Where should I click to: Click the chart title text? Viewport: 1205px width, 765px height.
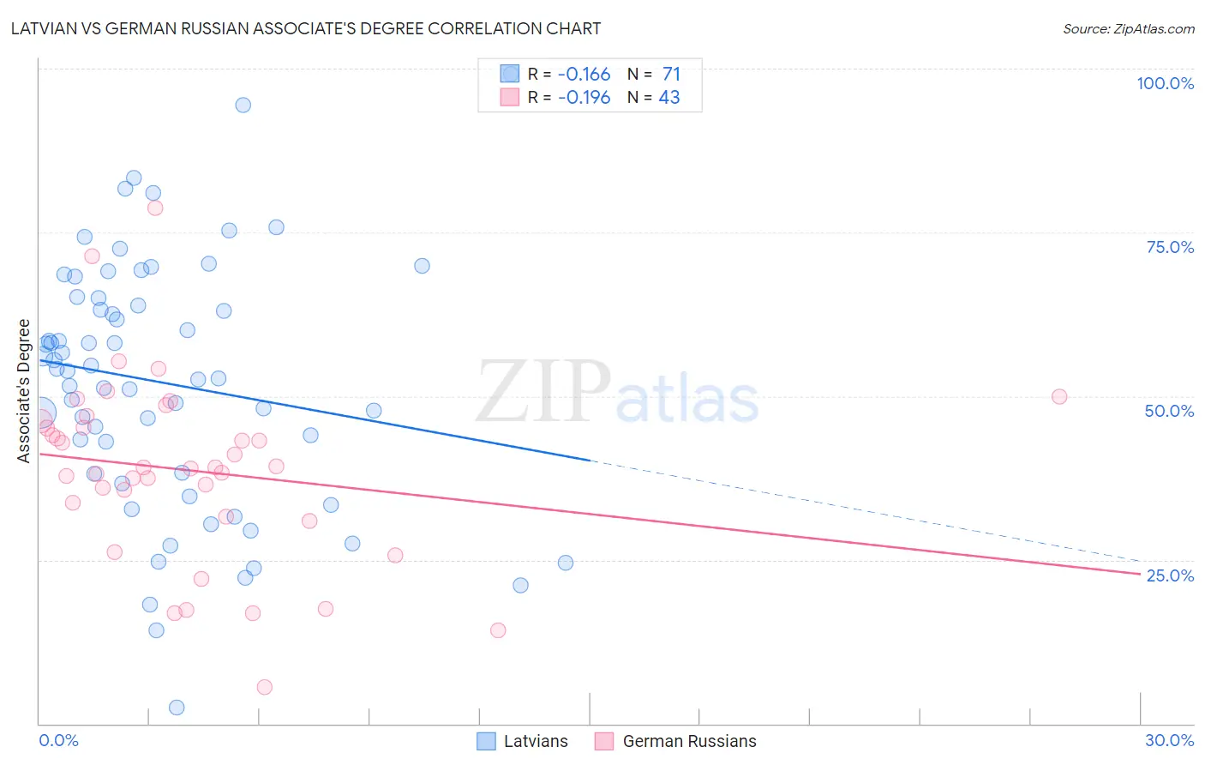coord(306,28)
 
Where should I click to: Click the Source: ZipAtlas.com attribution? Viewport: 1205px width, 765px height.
coord(1128,28)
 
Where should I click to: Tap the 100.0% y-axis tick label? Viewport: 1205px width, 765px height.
coord(1165,83)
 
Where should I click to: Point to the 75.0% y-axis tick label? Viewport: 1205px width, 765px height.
coord(1170,247)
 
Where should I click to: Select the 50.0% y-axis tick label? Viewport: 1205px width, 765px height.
coord(1169,411)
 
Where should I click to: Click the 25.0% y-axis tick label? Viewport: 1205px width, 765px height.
coord(1170,575)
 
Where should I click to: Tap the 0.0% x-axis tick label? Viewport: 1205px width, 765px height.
coord(58,740)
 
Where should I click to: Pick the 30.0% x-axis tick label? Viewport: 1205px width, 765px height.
coord(1169,740)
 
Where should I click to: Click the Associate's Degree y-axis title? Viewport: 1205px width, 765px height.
coord(24,391)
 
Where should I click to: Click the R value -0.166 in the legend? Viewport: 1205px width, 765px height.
coord(584,74)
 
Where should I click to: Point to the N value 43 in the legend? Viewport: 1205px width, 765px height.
coord(668,97)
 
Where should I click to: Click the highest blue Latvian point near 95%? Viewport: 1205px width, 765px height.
coord(243,105)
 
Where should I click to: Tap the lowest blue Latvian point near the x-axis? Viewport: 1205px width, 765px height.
coord(177,708)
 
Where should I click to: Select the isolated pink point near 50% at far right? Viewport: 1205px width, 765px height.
coord(1059,396)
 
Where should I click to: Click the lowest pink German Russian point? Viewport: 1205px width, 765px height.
coord(265,687)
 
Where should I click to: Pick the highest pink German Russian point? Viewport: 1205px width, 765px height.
coord(155,208)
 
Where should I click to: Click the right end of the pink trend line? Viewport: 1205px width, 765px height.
coord(1140,574)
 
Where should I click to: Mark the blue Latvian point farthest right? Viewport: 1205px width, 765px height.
coord(566,563)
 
